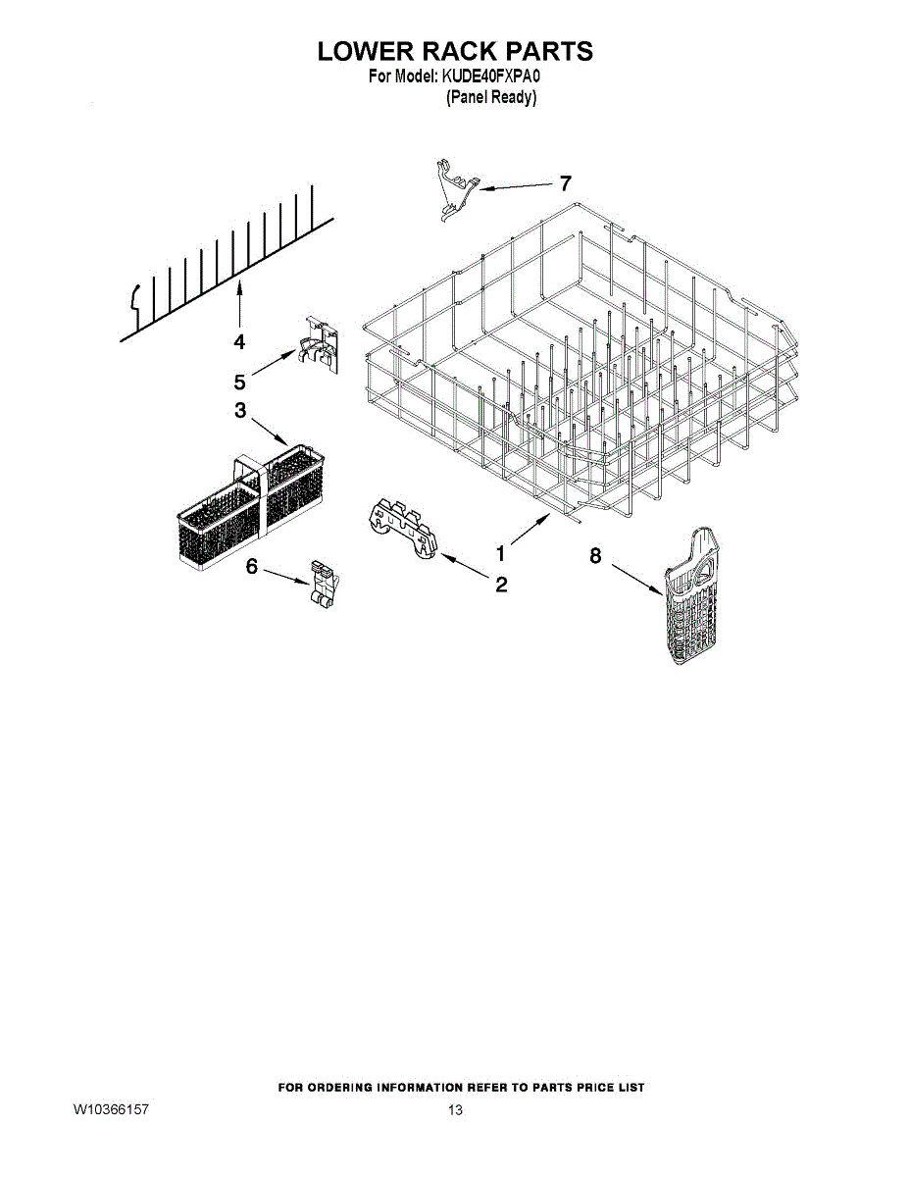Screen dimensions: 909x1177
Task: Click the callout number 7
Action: (565, 183)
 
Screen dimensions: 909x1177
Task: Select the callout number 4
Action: (239, 341)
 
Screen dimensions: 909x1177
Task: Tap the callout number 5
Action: (239, 382)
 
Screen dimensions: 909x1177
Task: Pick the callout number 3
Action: (240, 410)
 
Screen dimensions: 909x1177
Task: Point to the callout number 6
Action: (252, 567)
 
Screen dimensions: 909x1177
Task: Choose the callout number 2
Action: (501, 585)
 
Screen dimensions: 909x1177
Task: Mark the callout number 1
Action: (501, 553)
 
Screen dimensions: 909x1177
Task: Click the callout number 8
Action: (595, 556)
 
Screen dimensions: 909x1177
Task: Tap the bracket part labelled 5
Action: (319, 344)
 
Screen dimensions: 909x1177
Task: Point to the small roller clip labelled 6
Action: (324, 586)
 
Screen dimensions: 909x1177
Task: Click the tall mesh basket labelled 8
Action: (692, 594)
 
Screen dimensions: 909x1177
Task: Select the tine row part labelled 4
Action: (227, 264)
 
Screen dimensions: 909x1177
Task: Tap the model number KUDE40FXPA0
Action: (491, 77)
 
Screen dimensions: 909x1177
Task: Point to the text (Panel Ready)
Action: (491, 97)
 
